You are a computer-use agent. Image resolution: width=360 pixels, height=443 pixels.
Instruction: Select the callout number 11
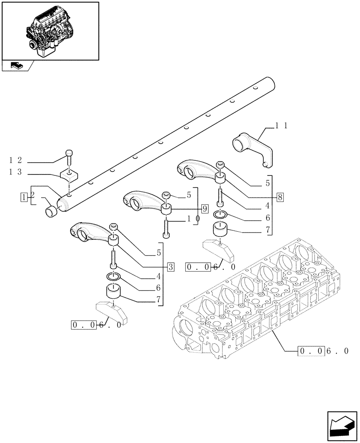282,126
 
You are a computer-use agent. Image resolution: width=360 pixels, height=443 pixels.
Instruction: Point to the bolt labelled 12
69,155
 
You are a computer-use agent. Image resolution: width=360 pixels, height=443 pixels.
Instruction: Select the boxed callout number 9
204,208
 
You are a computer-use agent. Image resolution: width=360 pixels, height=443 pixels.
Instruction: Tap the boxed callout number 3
171,267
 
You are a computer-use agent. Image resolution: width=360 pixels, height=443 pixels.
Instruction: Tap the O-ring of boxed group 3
113,277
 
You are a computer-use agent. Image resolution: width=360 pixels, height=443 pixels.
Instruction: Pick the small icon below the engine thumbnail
16,66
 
